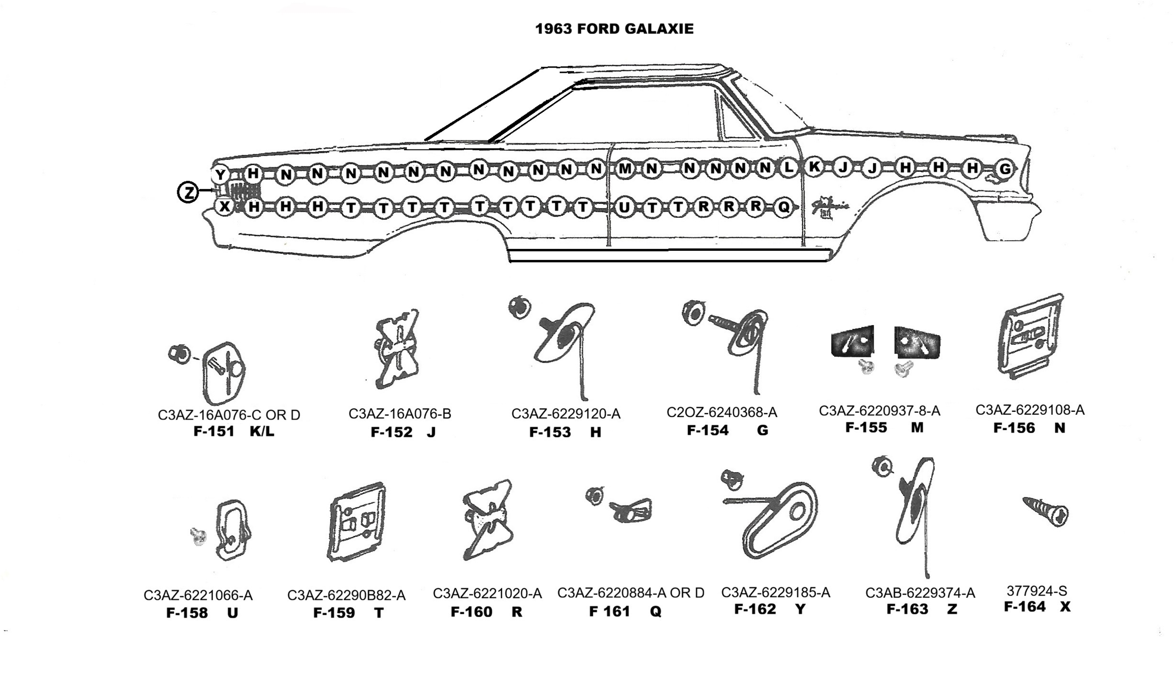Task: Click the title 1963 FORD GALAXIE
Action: point(614,29)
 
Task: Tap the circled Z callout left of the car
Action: point(188,192)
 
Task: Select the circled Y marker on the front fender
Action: point(220,175)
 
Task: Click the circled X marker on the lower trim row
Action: point(224,207)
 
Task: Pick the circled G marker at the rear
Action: point(1005,169)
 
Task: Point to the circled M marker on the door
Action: point(625,169)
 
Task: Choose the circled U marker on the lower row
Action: point(624,208)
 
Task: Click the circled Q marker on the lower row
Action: point(784,207)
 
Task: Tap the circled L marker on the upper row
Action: point(788,168)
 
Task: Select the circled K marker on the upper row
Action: point(814,167)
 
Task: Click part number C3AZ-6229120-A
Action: point(565,414)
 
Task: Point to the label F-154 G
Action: point(727,430)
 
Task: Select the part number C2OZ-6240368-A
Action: point(722,412)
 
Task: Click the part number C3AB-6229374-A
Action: point(920,593)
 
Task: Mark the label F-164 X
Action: point(1037,607)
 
